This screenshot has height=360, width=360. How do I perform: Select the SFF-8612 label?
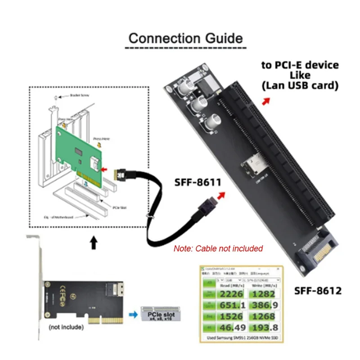click(x=318, y=290)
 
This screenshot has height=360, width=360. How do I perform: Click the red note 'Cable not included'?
click(x=218, y=248)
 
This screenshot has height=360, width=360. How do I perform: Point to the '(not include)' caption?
click(x=66, y=327)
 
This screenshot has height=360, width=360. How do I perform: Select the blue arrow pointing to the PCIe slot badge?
click(x=132, y=315)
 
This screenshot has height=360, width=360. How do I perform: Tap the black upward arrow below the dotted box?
click(x=93, y=243)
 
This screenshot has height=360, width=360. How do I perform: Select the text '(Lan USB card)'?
click(x=300, y=85)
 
